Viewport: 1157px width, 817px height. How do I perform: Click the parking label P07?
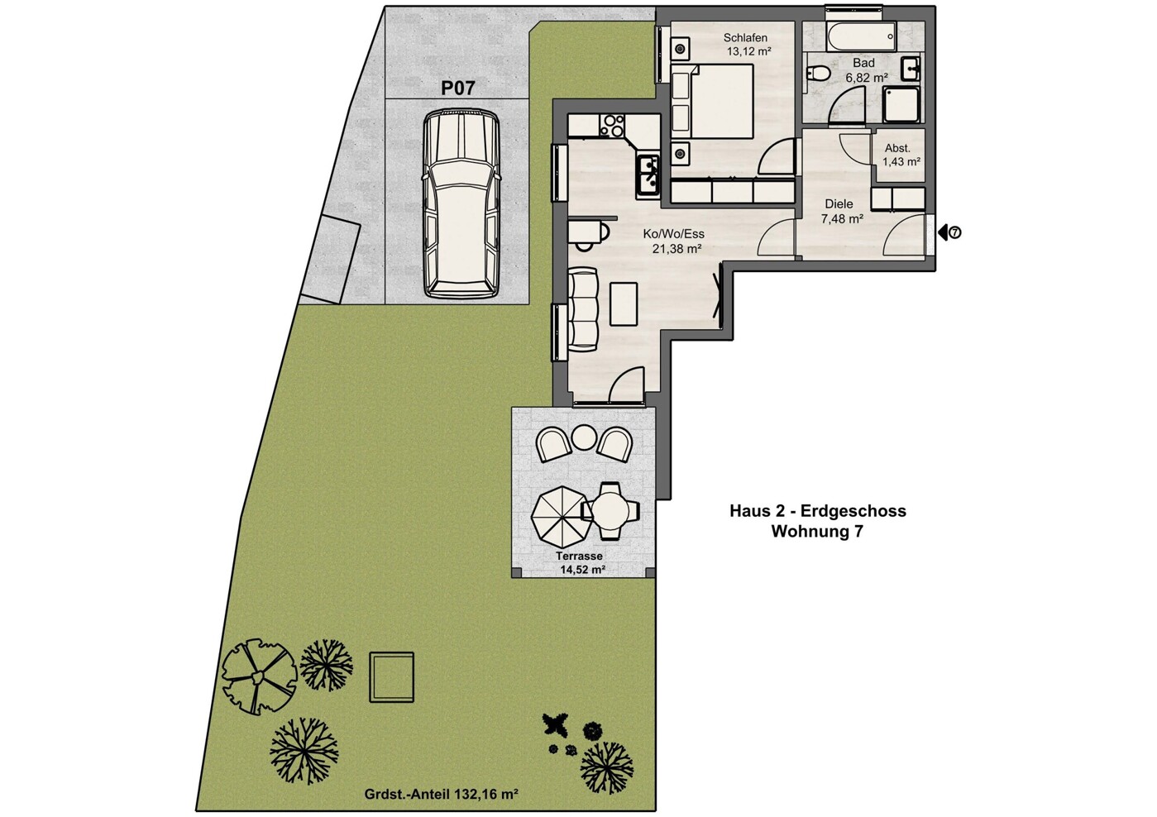[457, 88]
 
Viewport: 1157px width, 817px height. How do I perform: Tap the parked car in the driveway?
[461, 204]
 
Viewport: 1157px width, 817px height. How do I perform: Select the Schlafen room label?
[745, 38]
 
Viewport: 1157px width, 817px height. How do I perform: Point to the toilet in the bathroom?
[818, 73]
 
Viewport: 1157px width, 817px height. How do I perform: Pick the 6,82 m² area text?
[866, 78]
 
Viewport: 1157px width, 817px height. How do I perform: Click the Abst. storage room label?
[897, 148]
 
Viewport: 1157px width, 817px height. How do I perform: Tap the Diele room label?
[839, 204]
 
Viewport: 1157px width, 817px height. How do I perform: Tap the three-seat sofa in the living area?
[583, 308]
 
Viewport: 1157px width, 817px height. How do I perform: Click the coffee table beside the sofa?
[624, 303]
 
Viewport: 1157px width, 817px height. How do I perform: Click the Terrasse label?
[579, 557]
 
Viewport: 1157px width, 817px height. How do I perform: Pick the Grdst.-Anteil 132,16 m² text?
[441, 794]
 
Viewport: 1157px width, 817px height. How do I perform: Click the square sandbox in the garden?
[391, 677]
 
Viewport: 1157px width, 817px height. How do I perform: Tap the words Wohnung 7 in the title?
[817, 532]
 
